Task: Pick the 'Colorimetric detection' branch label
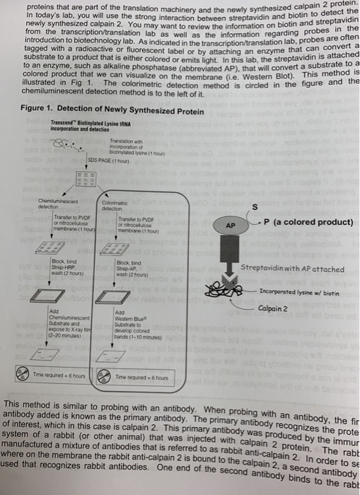[x=113, y=205]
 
